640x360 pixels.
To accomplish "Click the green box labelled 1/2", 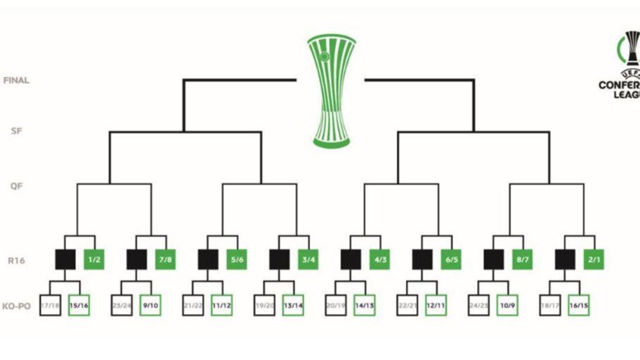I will coord(94,260).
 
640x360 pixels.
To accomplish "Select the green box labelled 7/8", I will coord(165,260).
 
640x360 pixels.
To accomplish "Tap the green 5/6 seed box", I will coord(237,260).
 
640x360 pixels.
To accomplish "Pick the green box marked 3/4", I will coord(308,260).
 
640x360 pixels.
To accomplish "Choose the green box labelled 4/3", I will coord(380,260).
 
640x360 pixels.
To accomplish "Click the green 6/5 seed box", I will coord(451,260).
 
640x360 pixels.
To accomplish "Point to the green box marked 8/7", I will coord(522,260).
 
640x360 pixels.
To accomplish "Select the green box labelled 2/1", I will coord(594,260).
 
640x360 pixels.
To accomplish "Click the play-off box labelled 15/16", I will coord(79,306).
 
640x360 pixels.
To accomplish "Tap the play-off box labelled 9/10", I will coord(150,306).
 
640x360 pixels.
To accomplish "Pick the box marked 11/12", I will coord(222,306).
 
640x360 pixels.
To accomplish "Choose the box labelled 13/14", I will coord(293,306).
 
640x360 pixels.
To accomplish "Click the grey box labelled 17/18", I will coord(50,306).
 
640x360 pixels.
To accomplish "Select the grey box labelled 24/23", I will coord(479,306).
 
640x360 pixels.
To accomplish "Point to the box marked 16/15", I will coord(578,306).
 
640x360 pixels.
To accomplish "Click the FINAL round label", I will coord(16,80).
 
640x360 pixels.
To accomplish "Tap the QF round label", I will coord(16,186).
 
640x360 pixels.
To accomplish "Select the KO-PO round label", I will coord(16,306).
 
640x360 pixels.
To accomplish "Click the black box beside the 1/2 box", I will coord(65,260).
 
